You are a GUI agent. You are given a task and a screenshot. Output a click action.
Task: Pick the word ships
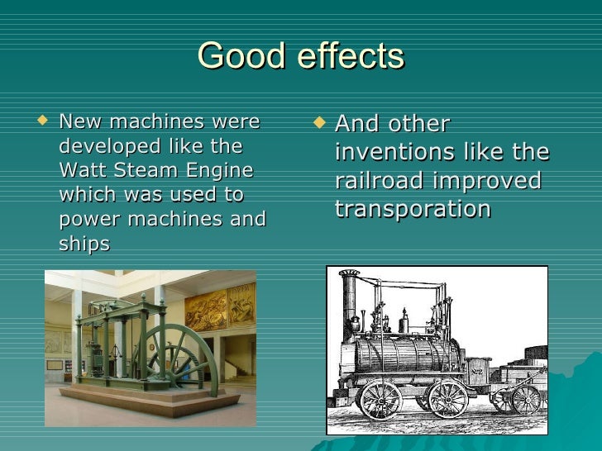84,244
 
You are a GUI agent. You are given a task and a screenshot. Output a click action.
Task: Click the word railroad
381,181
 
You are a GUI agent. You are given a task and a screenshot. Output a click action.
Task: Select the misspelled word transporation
413,209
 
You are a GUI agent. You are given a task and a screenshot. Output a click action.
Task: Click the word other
418,125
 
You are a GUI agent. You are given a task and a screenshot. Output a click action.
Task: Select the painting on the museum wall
206,309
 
